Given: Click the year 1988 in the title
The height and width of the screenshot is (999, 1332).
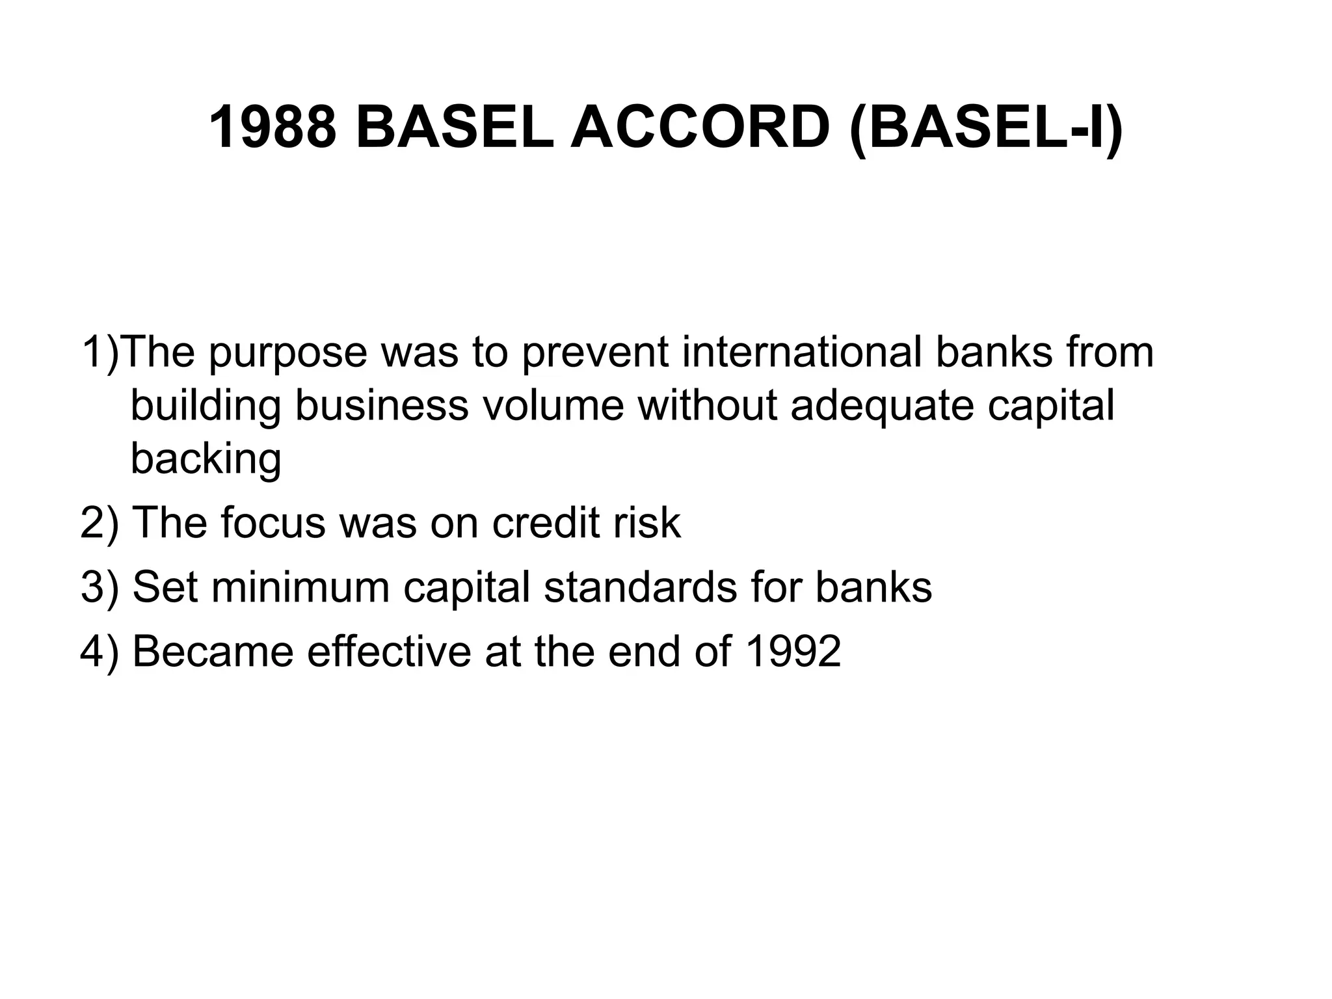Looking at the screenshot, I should (x=273, y=127).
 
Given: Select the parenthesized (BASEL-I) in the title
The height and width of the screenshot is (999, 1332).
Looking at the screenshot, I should (x=986, y=129).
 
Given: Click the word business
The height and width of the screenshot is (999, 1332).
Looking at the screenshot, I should (x=382, y=405).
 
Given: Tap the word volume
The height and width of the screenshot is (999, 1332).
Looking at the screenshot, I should (x=553, y=405).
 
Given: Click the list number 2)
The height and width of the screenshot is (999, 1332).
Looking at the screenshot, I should (x=100, y=522).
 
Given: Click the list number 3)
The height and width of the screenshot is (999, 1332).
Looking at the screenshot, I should (x=100, y=587).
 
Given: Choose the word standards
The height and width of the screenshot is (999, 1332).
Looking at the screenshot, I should (x=640, y=587).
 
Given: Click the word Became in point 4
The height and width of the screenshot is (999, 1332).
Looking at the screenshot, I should (x=213, y=651).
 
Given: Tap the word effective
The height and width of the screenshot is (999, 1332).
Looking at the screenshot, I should (x=389, y=651).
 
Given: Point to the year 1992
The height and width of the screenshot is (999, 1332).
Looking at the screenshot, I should (x=793, y=651).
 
